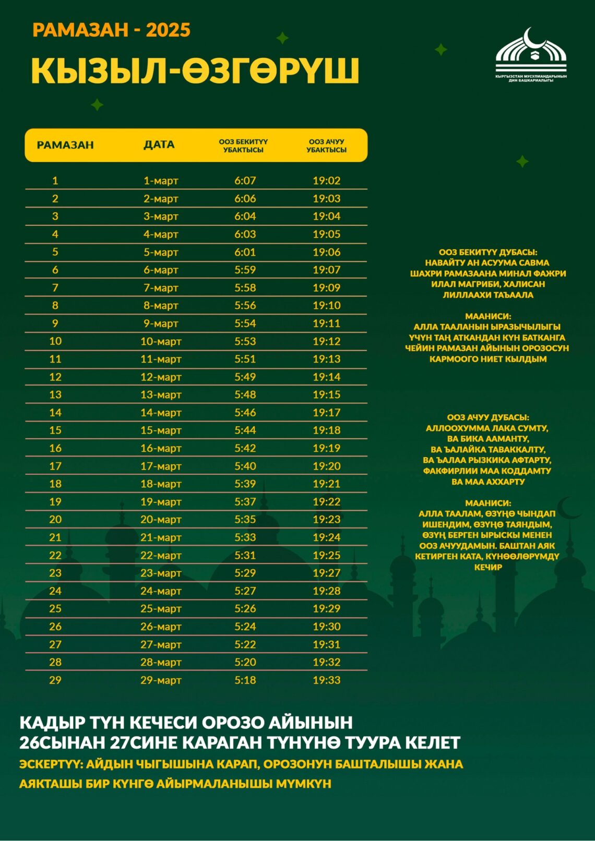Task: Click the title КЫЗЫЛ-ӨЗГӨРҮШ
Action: pyautogui.click(x=195, y=70)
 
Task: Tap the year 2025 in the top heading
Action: pyautogui.click(x=168, y=30)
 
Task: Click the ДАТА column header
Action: pyautogui.click(x=159, y=145)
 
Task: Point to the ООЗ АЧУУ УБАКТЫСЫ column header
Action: pyautogui.click(x=326, y=146)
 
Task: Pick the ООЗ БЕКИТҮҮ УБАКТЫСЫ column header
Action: pyautogui.click(x=243, y=146)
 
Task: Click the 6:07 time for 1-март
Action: pyautogui.click(x=245, y=181)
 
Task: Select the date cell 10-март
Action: pyautogui.click(x=161, y=341)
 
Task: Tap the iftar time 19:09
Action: pyautogui.click(x=326, y=287)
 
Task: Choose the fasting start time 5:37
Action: pyautogui.click(x=245, y=501)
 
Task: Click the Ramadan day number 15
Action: pyautogui.click(x=55, y=430)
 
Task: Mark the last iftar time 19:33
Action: pyautogui.click(x=326, y=680)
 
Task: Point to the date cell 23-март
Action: pyautogui.click(x=161, y=573)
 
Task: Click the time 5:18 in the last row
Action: pyautogui.click(x=245, y=680)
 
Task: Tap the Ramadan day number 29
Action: pyautogui.click(x=55, y=680)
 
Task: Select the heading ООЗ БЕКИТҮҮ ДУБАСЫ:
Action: pyautogui.click(x=487, y=252)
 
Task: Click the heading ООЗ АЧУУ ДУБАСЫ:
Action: pyautogui.click(x=487, y=417)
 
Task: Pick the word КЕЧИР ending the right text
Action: pyautogui.click(x=487, y=567)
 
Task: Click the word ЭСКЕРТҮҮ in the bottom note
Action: pyautogui.click(x=50, y=764)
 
